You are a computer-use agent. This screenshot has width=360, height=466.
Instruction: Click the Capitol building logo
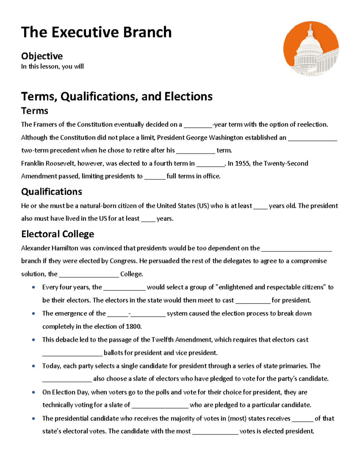[311, 49]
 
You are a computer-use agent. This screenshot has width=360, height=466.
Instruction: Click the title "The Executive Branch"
[96, 32]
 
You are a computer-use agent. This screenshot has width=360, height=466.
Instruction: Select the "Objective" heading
[42, 56]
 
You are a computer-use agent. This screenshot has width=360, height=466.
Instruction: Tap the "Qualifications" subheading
[52, 192]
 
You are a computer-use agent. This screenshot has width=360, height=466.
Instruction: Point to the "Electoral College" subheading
[58, 234]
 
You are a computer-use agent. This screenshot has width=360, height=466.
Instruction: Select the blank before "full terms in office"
[155, 177]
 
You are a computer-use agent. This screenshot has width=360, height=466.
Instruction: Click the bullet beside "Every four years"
[34, 287]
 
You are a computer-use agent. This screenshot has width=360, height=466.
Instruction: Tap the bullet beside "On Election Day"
[34, 392]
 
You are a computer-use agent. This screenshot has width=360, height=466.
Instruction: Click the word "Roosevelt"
[61, 164]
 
